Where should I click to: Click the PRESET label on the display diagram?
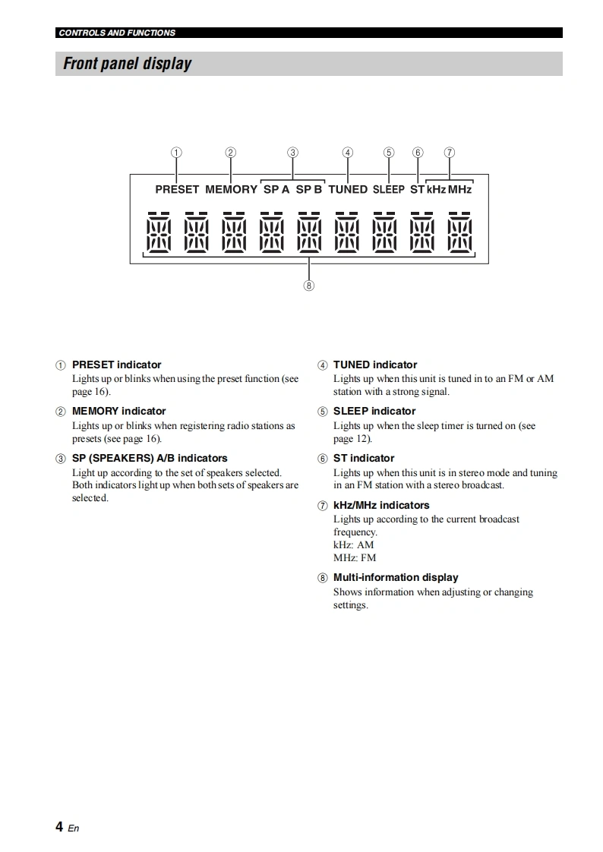pyautogui.click(x=177, y=189)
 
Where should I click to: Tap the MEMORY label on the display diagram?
pyautogui.click(x=231, y=189)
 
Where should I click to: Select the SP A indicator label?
pyautogui.click(x=276, y=189)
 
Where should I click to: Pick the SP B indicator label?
pyautogui.click(x=309, y=189)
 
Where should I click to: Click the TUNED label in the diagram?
pyautogui.click(x=348, y=189)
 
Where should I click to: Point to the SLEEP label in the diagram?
pyautogui.click(x=389, y=189)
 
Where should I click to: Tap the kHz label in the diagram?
pyautogui.click(x=436, y=189)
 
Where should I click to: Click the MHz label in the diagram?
pyautogui.click(x=459, y=189)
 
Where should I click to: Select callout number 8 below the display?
pyautogui.click(x=308, y=286)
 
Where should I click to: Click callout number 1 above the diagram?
pyautogui.click(x=176, y=152)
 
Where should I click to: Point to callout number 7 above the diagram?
pyautogui.click(x=450, y=152)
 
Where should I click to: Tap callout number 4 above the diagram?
pyautogui.click(x=348, y=152)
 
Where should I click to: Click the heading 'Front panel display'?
pyautogui.click(x=127, y=64)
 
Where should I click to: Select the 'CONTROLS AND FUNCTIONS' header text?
pyautogui.click(x=117, y=33)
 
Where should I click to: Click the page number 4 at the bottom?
pyautogui.click(x=59, y=826)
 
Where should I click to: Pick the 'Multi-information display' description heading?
pyautogui.click(x=396, y=577)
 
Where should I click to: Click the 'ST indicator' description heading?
pyautogui.click(x=364, y=458)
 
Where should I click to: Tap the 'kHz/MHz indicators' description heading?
pyautogui.click(x=381, y=505)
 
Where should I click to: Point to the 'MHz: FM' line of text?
pyautogui.click(x=355, y=557)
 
